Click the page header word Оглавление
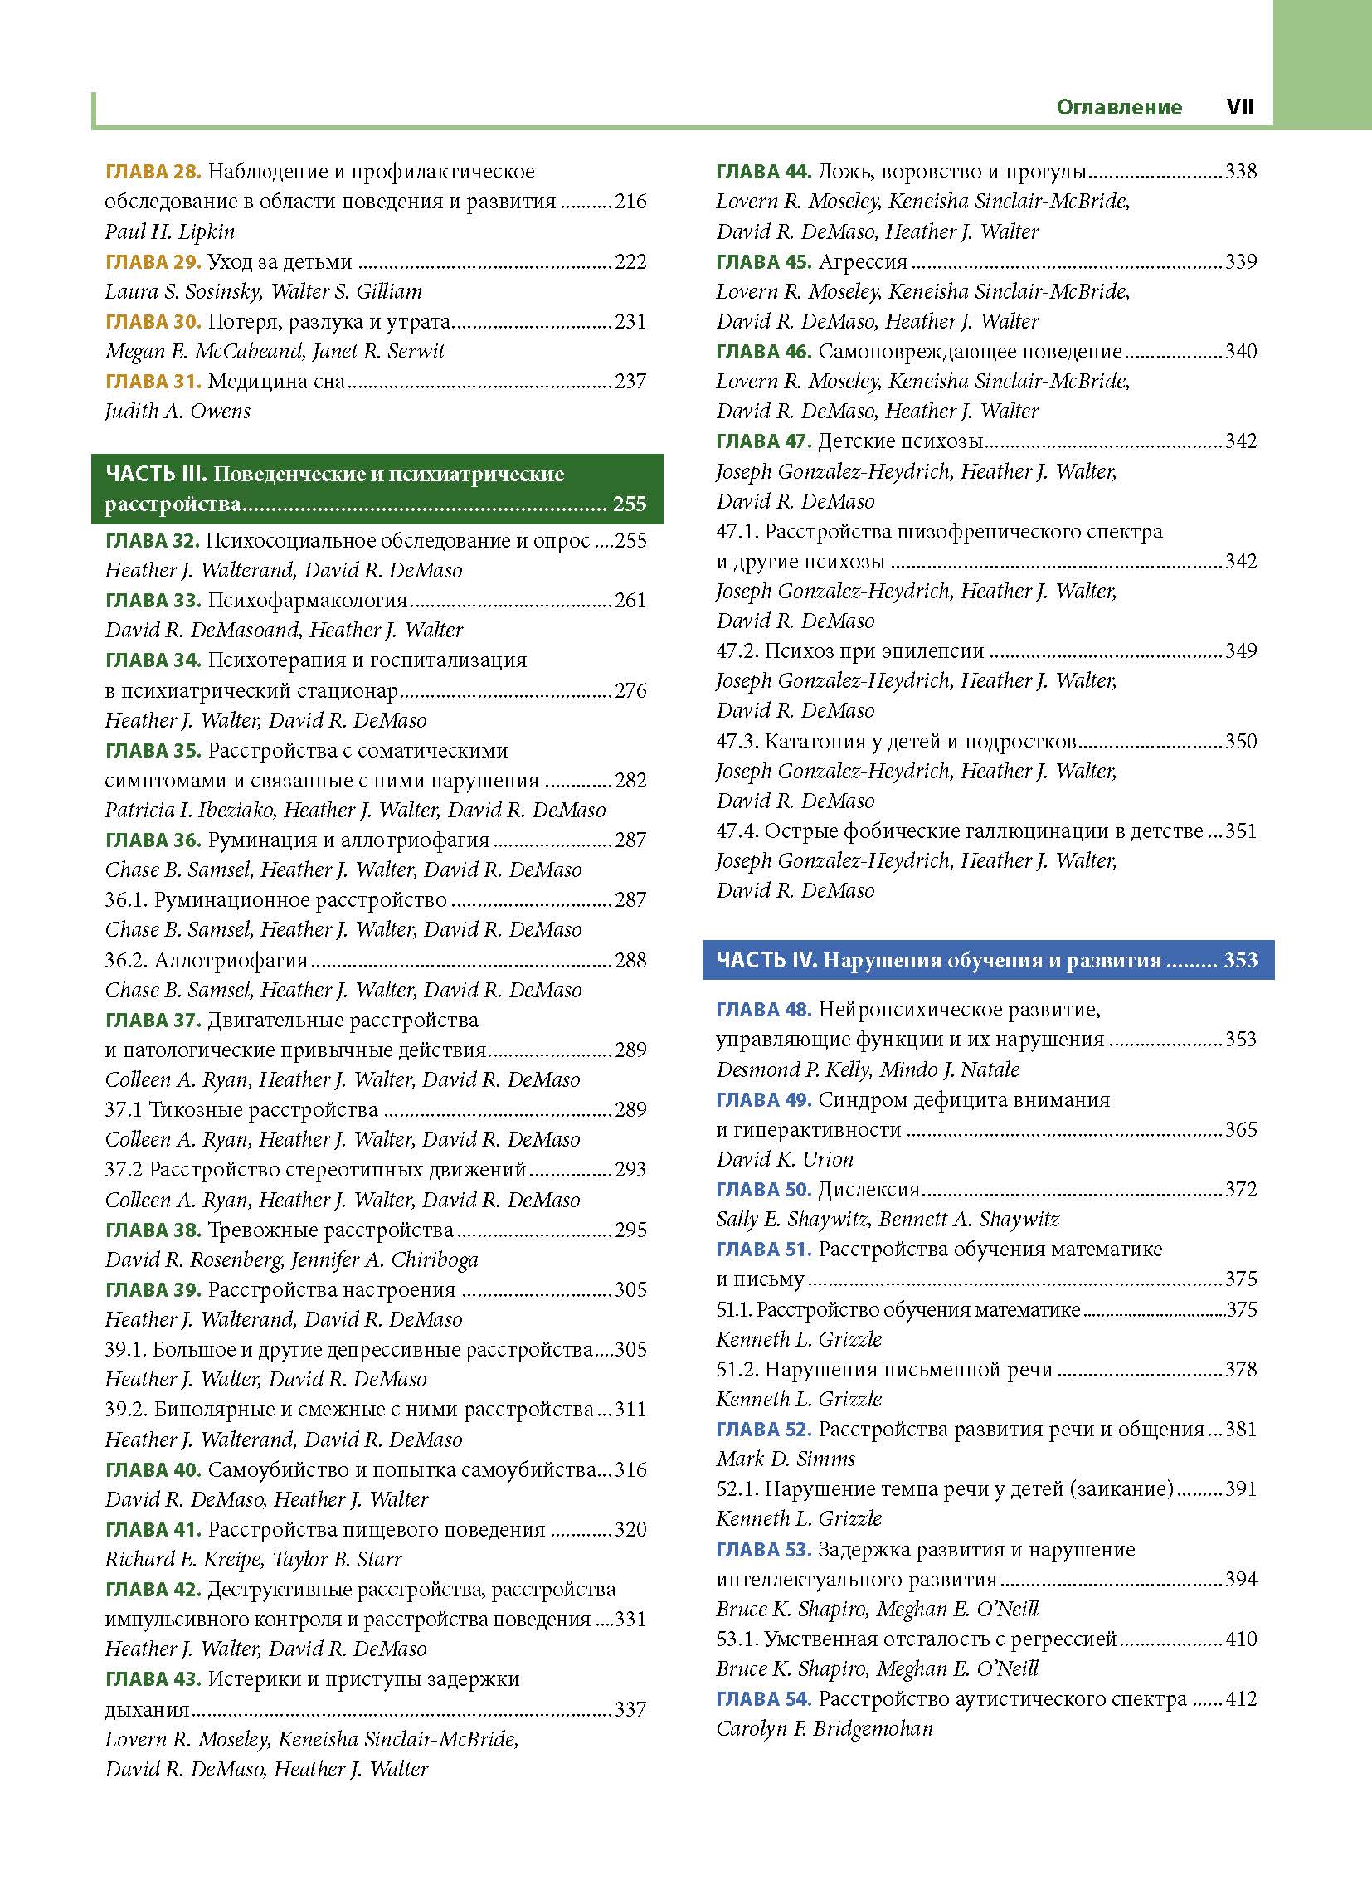[1119, 107]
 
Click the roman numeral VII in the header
[1240, 107]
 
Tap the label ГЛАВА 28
[153, 172]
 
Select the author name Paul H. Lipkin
[169, 231]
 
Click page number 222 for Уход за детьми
[630, 262]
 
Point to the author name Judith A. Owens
[178, 411]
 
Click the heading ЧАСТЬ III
[155, 475]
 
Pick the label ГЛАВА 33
[153, 601]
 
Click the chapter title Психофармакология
[308, 601]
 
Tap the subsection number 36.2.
[126, 961]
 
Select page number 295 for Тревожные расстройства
[630, 1230]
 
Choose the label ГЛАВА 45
[764, 262]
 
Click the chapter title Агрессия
[864, 262]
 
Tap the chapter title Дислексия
[869, 1190]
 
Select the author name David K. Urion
[785, 1160]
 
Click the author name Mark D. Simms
[786, 1459]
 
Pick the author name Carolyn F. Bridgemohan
[824, 1730]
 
